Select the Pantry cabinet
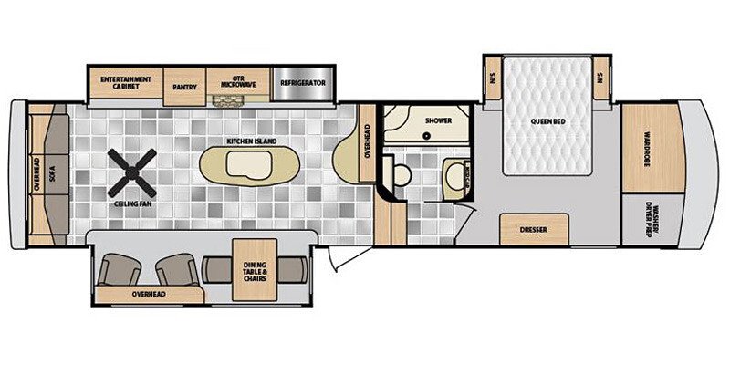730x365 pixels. click(x=185, y=85)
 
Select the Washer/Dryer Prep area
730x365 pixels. click(x=650, y=219)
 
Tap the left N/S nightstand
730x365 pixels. click(x=490, y=78)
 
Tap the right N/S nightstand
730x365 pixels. click(x=600, y=78)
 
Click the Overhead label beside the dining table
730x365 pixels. click(x=149, y=296)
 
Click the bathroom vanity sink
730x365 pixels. click(x=453, y=174)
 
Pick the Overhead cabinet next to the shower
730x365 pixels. click(x=367, y=144)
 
